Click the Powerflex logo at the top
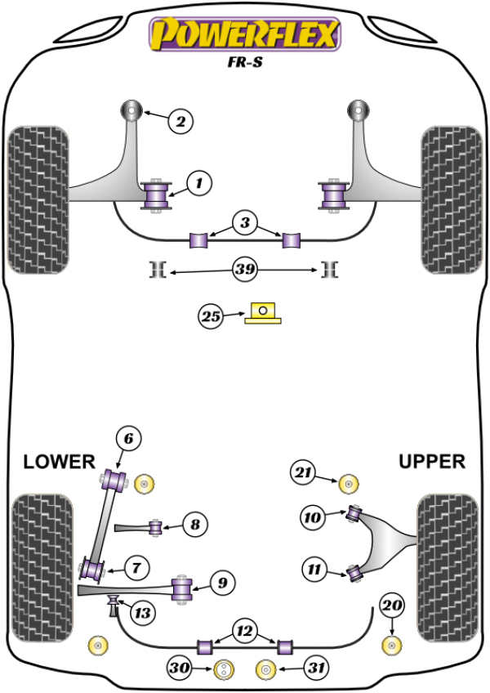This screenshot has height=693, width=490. (243, 35)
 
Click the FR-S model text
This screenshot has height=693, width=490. (243, 62)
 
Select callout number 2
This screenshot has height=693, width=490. (180, 123)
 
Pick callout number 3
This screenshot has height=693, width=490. (245, 221)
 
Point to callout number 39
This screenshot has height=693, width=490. (245, 270)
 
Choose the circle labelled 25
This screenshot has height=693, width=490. (211, 316)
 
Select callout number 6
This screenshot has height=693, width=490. (128, 440)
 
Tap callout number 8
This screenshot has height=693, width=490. (195, 524)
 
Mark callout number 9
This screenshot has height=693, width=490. (223, 583)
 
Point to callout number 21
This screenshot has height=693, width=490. (304, 472)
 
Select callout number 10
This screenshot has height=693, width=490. (312, 516)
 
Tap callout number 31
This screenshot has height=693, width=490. (315, 668)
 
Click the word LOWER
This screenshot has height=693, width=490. (59, 462)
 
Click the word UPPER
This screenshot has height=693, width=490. (431, 462)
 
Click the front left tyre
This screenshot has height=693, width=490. (37, 199)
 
